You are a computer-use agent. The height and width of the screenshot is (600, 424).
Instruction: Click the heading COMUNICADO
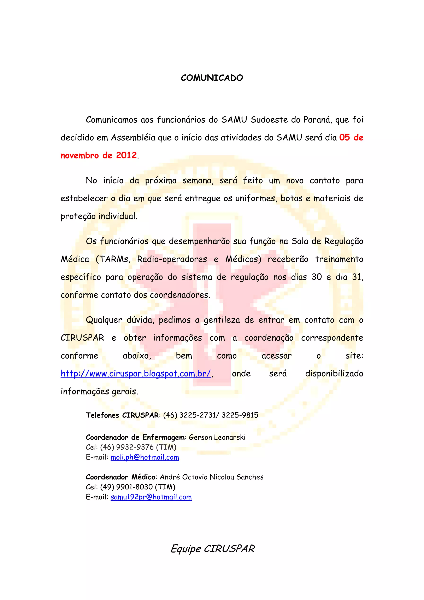[x=212, y=78]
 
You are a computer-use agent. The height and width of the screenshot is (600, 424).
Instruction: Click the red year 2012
[x=126, y=155]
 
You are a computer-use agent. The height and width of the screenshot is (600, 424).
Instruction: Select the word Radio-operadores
[x=172, y=259]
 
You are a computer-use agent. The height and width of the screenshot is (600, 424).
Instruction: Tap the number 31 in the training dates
[x=357, y=277]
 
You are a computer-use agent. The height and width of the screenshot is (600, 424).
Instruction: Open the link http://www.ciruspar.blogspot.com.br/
[x=136, y=374]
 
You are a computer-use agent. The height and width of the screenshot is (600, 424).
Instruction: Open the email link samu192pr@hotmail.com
[x=151, y=497]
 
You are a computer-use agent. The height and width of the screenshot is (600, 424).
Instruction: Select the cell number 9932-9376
[x=135, y=447]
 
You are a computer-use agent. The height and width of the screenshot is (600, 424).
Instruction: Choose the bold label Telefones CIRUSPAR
[x=122, y=415]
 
